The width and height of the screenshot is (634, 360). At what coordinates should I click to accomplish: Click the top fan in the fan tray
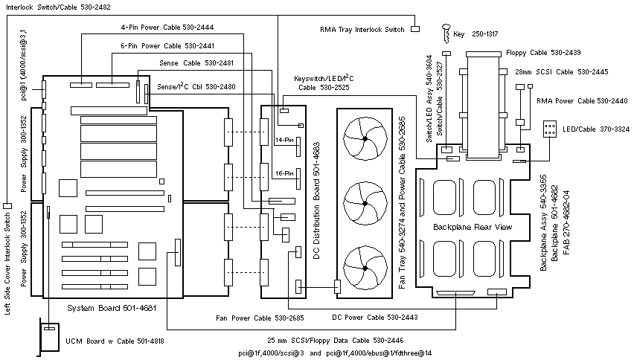pyautogui.click(x=363, y=137)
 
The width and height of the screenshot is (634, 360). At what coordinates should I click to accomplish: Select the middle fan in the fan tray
pyautogui.click(x=363, y=201)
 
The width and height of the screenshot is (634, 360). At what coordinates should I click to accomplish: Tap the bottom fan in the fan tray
pyautogui.click(x=363, y=266)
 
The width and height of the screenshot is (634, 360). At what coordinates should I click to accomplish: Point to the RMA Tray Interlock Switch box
pyautogui.click(x=415, y=29)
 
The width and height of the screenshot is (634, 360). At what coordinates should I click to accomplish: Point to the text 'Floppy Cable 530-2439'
pyautogui.click(x=542, y=52)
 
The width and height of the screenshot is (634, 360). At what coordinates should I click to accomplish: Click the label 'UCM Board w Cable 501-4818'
pyautogui.click(x=115, y=341)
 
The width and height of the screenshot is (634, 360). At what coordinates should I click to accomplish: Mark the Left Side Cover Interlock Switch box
pyautogui.click(x=7, y=205)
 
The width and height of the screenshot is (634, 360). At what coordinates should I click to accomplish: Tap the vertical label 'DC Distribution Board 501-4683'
pyautogui.click(x=316, y=202)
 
